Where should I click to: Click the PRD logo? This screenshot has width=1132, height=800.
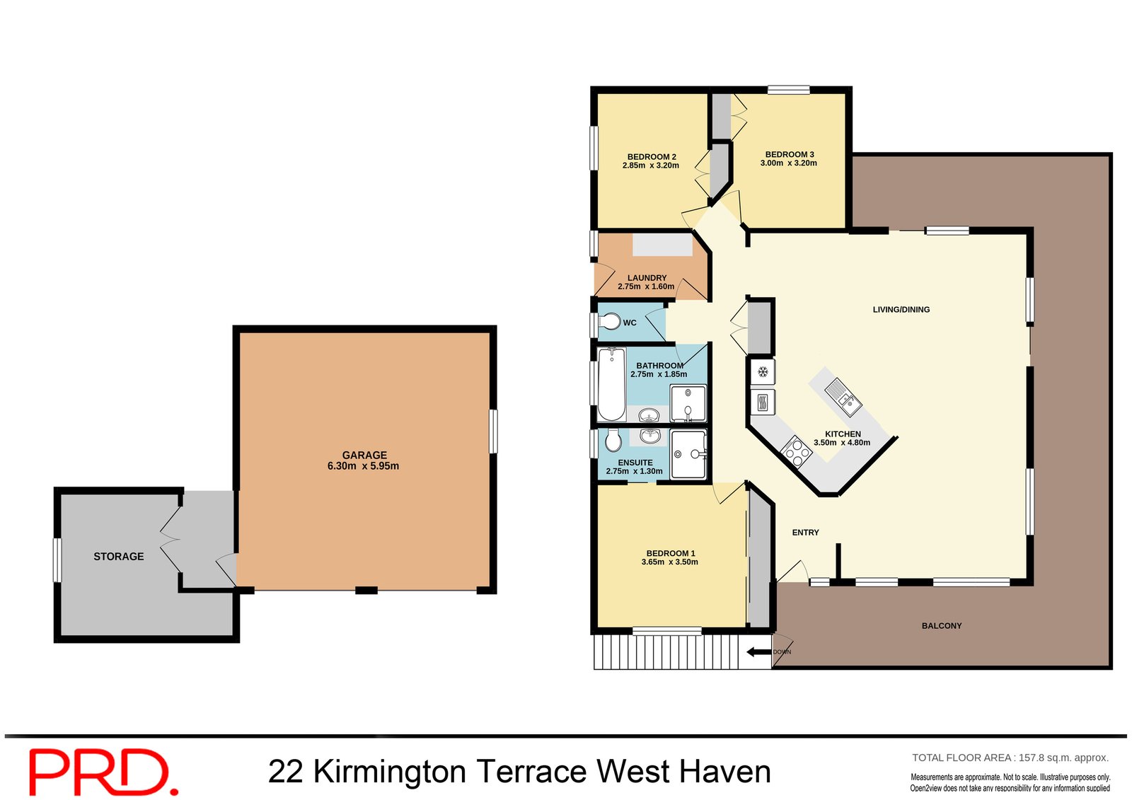tap(103, 772)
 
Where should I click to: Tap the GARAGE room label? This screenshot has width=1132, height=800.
tap(364, 455)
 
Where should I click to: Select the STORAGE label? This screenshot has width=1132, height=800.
tap(119, 557)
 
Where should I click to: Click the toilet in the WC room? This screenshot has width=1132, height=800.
tap(610, 322)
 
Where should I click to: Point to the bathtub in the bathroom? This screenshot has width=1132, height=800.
tap(611, 384)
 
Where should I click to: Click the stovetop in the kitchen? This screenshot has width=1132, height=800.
tap(796, 451)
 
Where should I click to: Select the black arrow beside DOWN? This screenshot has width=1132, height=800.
tap(759, 652)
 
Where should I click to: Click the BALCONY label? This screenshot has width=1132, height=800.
tap(941, 626)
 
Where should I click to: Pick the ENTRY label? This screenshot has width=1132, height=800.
tap(805, 533)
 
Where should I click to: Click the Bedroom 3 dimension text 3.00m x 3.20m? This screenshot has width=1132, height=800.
tap(788, 163)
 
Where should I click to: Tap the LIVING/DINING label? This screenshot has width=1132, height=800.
tap(901, 310)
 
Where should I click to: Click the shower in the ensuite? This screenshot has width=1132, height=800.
tap(688, 454)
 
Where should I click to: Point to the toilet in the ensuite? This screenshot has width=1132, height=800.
tap(613, 441)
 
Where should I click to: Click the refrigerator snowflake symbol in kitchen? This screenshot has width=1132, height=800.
tap(763, 372)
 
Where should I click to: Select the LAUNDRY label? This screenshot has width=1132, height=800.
tap(647, 278)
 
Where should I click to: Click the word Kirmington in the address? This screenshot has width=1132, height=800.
tap(389, 772)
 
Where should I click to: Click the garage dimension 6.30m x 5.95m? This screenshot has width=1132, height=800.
tap(363, 466)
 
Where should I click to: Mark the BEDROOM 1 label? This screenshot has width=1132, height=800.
tap(670, 553)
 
